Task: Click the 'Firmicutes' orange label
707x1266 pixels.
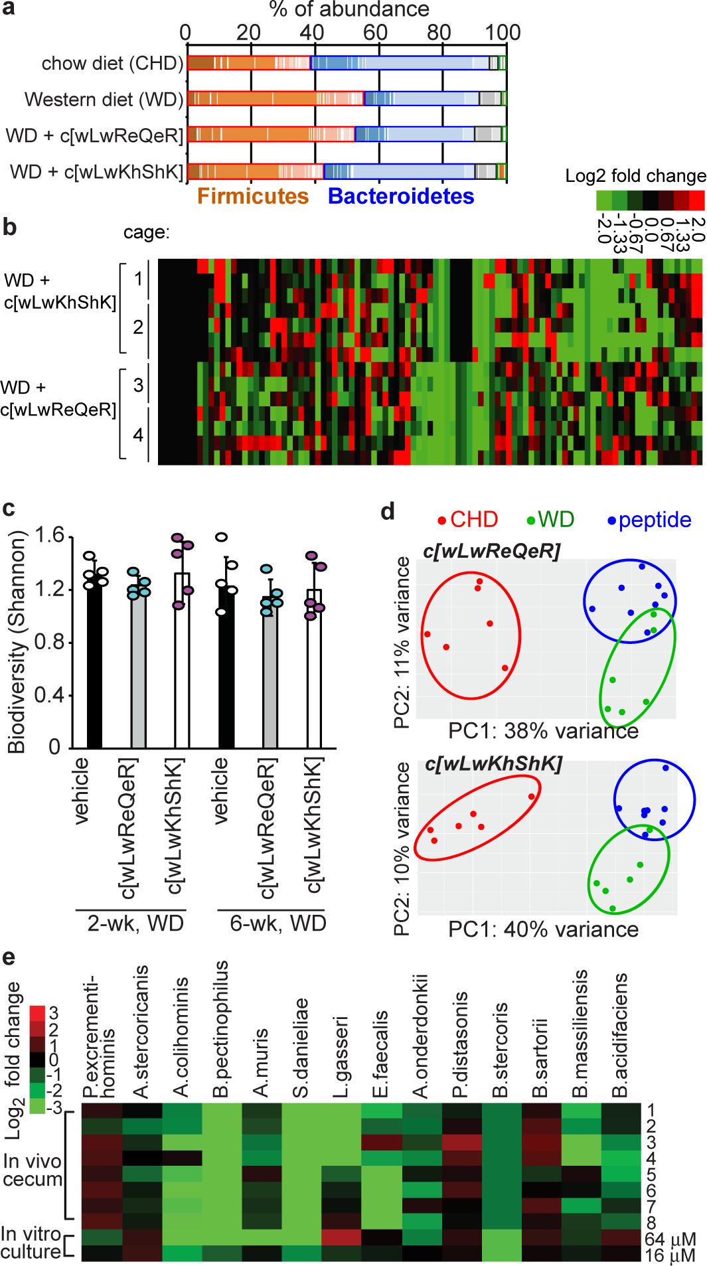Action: pyautogui.click(x=253, y=197)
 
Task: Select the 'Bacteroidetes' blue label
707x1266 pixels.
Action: pyautogui.click(x=401, y=197)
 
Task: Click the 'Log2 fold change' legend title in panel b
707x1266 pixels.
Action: pyautogui.click(x=635, y=176)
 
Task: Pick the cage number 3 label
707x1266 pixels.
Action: pyautogui.click(x=138, y=385)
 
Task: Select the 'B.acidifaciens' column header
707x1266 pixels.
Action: pyautogui.click(x=621, y=1033)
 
